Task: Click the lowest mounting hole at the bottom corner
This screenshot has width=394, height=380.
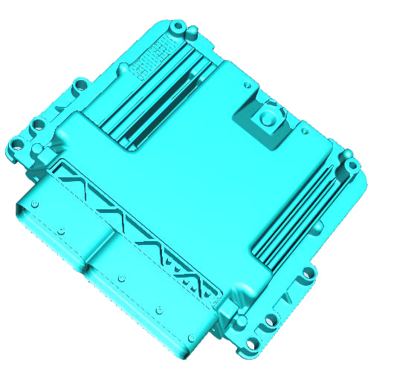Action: click(x=256, y=342)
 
